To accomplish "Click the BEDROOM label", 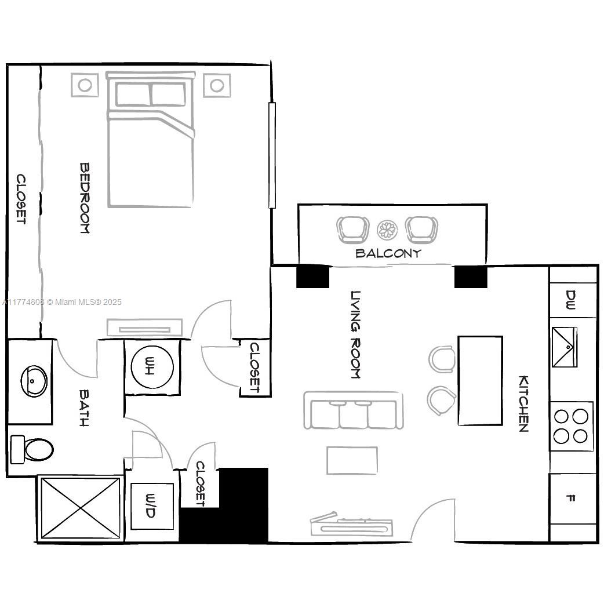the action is [x=85, y=198].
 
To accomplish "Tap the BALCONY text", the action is [x=388, y=253].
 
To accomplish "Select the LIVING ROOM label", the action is [x=355, y=334].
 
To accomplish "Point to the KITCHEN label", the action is [x=523, y=403].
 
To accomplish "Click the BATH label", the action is [x=84, y=408].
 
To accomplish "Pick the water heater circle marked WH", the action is [x=152, y=366].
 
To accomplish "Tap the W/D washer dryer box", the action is [x=152, y=506].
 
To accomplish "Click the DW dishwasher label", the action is [x=570, y=300].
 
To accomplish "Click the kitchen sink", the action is [x=565, y=347].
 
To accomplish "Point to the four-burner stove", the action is [x=571, y=426].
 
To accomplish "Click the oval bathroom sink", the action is [x=34, y=381].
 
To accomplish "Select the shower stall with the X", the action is [x=81, y=508].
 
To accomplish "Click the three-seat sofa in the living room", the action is [x=354, y=410].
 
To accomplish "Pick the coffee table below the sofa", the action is [x=352, y=460].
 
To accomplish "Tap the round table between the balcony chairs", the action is [x=387, y=230].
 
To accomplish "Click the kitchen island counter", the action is [x=480, y=381].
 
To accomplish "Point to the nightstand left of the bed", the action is [x=85, y=85].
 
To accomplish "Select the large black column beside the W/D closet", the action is [x=225, y=505].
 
